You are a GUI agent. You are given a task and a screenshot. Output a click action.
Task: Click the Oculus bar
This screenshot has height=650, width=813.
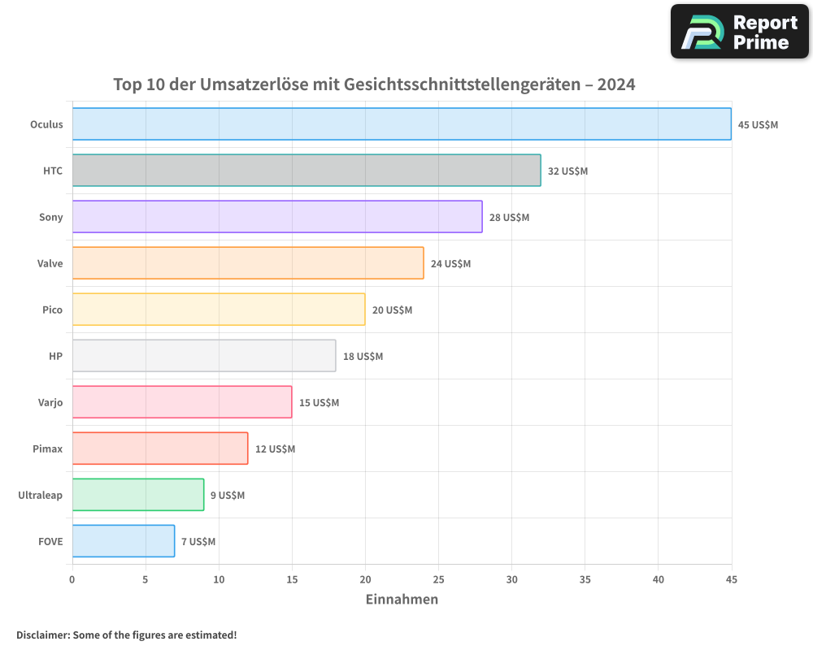[x=402, y=124]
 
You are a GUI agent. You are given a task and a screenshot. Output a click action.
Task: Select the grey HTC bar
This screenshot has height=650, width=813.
[x=307, y=171]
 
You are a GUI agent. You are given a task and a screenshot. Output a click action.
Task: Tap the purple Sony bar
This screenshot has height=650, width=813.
[x=277, y=217]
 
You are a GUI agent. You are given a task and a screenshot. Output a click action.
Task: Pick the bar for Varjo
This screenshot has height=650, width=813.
[x=182, y=402]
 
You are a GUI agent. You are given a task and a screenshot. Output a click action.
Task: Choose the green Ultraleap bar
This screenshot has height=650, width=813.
[x=138, y=495]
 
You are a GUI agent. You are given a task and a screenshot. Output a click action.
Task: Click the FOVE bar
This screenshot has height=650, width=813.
[x=124, y=541]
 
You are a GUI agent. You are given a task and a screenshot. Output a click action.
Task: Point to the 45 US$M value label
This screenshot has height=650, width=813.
[x=758, y=125]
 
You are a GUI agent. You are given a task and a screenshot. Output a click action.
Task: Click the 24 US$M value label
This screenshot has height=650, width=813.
[x=450, y=264]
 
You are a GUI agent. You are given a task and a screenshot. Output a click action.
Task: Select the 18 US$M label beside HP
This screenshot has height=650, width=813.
[x=363, y=357]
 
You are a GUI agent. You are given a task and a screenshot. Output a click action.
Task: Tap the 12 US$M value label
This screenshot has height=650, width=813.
[x=275, y=449]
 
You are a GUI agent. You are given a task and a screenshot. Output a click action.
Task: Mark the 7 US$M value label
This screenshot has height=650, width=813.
[x=198, y=542]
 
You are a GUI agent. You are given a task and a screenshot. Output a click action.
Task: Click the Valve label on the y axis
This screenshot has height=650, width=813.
[x=50, y=263]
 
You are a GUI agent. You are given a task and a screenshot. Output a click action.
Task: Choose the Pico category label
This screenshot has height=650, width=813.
[x=52, y=310]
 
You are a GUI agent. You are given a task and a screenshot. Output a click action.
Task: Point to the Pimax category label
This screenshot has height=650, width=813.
[x=48, y=448]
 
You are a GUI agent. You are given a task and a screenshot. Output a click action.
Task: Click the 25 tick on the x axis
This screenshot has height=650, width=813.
[x=438, y=579]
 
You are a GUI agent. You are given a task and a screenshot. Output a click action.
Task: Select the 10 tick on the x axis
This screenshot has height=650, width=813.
[x=219, y=579]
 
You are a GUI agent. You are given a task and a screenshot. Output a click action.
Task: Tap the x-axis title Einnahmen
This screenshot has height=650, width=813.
[x=402, y=600]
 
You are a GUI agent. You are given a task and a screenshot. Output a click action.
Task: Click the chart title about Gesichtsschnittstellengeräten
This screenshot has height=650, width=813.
[x=374, y=84]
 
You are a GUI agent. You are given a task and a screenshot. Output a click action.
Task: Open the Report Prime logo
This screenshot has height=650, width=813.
[x=739, y=32]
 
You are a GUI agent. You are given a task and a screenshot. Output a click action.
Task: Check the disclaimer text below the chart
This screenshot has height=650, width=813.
[x=127, y=635]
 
